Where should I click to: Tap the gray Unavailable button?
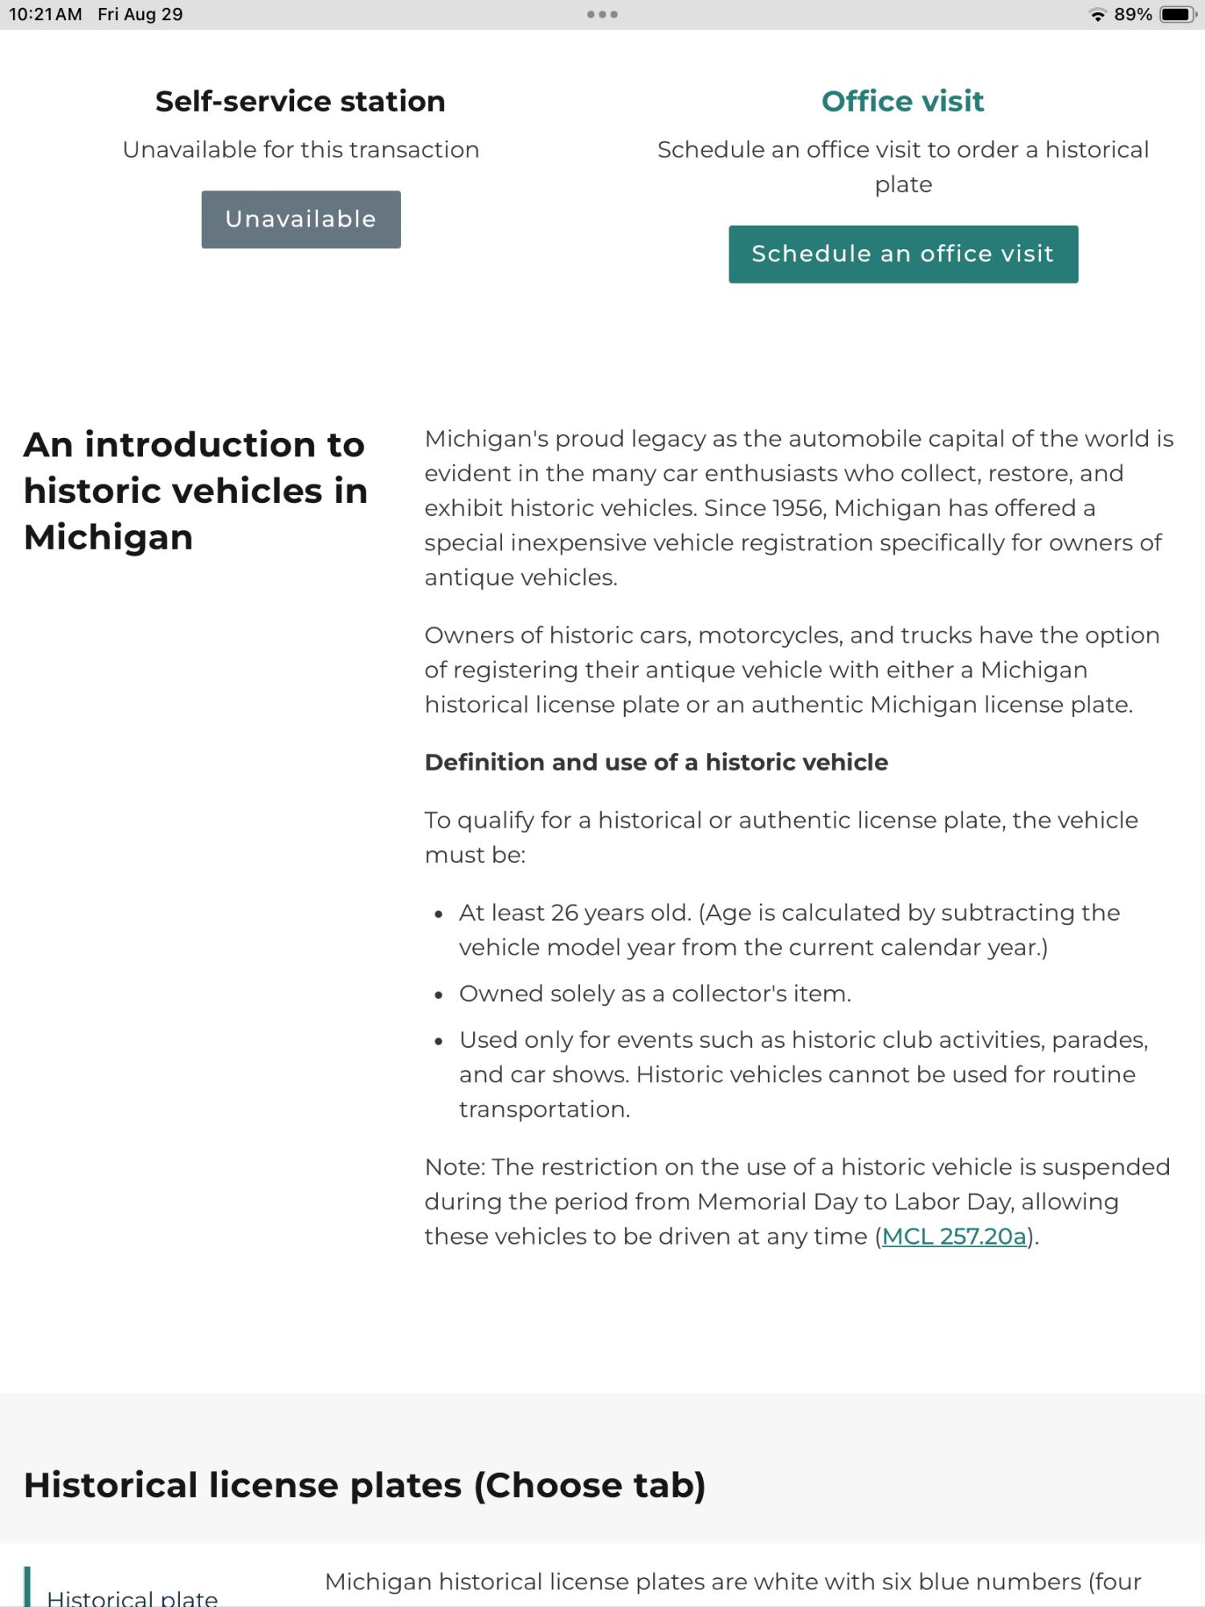(x=300, y=219)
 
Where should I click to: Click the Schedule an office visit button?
(x=903, y=254)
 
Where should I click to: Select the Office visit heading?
(x=902, y=101)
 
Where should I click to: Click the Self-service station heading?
(x=300, y=101)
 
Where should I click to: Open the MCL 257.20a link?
(x=954, y=1236)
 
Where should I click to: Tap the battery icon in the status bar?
(x=1178, y=14)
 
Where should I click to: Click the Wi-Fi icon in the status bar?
(x=1097, y=14)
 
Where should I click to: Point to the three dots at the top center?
(x=602, y=14)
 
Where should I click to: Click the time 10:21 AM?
(x=46, y=14)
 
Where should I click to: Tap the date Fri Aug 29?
(x=141, y=14)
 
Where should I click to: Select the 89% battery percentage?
(x=1133, y=14)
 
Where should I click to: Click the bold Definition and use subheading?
(x=656, y=762)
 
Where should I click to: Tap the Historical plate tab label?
(x=133, y=1597)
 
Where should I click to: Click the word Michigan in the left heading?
(x=108, y=537)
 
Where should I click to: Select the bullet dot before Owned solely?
(x=438, y=995)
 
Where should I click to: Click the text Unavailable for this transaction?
(x=300, y=149)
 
